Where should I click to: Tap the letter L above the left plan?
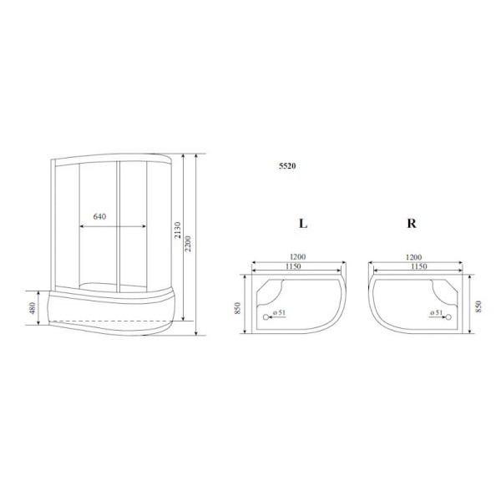(302, 225)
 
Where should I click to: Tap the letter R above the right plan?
(412, 225)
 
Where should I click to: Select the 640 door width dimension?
(99, 217)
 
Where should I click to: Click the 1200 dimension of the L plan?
(297, 257)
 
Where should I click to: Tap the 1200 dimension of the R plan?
(411, 257)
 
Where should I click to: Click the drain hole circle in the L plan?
(267, 316)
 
